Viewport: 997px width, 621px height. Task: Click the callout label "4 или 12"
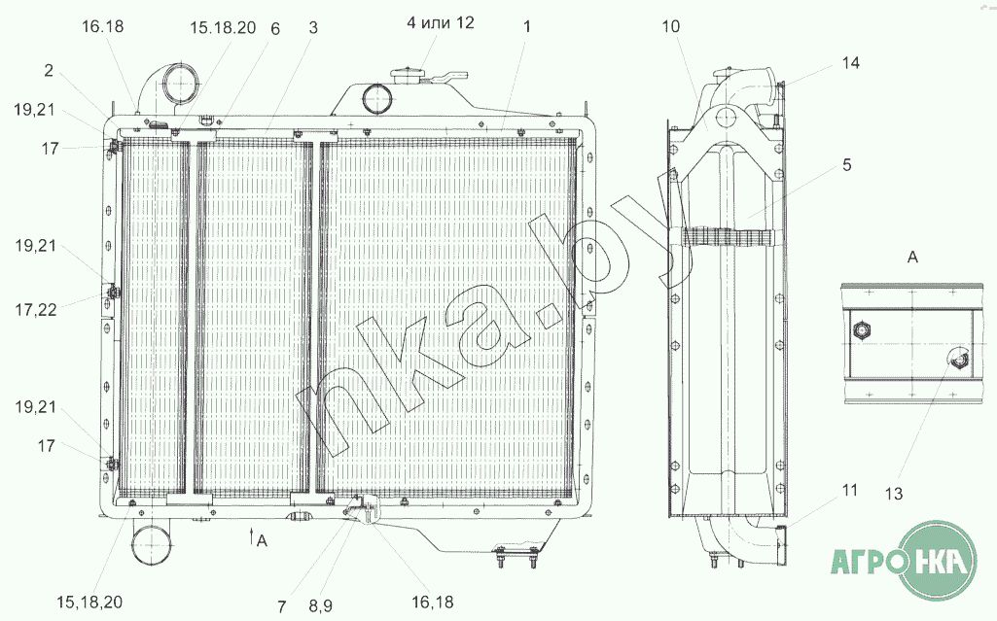click(x=440, y=23)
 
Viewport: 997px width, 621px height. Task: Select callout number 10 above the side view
click(x=671, y=26)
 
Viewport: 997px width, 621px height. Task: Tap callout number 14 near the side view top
click(x=851, y=63)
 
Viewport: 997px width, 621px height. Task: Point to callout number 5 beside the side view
click(x=846, y=165)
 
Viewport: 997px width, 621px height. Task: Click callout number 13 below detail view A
click(x=894, y=494)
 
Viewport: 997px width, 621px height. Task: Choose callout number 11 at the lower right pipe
click(x=850, y=490)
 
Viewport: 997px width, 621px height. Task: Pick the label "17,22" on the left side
click(x=36, y=310)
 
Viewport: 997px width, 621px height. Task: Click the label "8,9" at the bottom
click(x=320, y=606)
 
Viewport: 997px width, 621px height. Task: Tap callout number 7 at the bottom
click(x=282, y=606)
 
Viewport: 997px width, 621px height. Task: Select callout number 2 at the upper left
click(x=49, y=70)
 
